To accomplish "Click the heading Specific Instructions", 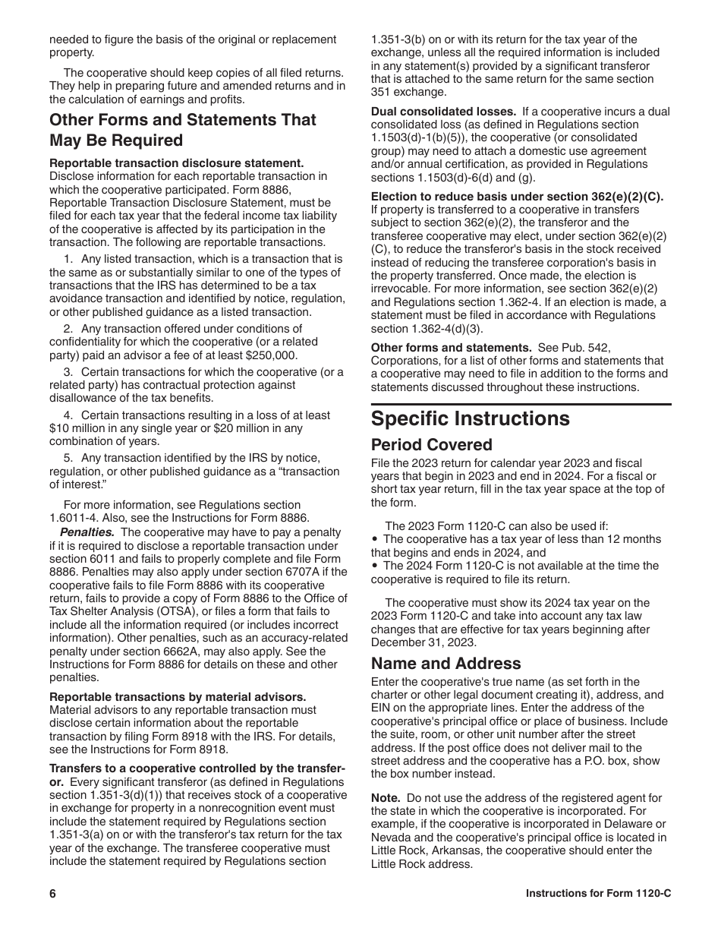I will pos(470,419).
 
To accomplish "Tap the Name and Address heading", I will pos(446,664).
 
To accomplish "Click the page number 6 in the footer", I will pos(53,894).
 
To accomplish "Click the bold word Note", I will pos(386,798).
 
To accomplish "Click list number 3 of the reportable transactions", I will pos(68,372).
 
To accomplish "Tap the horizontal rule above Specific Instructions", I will pos(521,404).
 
